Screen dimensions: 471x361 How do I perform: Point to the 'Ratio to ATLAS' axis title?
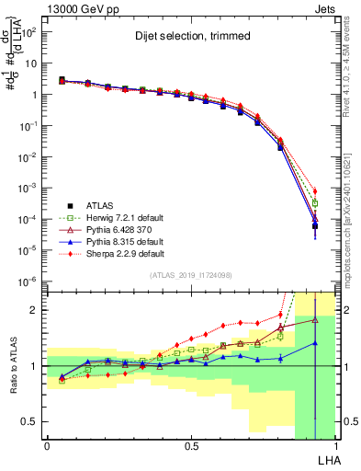(12, 366)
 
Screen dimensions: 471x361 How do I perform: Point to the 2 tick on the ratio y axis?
(35, 310)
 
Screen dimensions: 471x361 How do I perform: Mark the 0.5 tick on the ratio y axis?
(31, 421)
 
